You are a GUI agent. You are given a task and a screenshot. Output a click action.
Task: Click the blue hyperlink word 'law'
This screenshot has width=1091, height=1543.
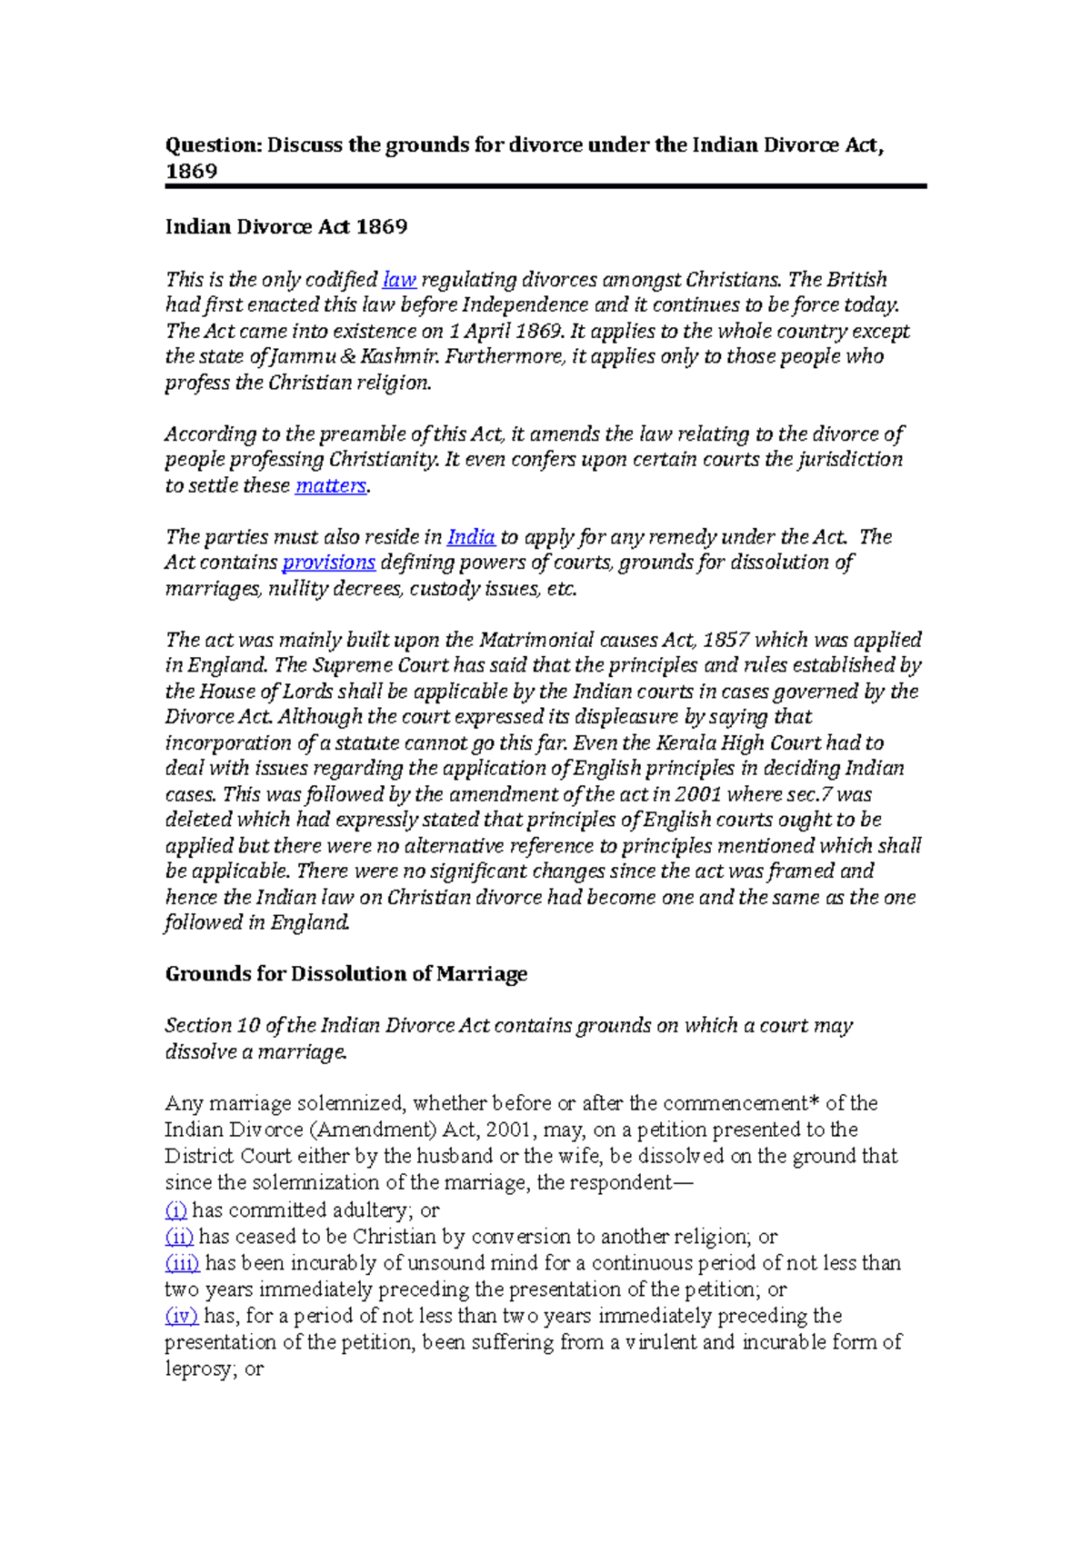399,280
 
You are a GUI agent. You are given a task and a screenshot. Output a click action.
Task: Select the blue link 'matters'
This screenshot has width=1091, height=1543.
330,486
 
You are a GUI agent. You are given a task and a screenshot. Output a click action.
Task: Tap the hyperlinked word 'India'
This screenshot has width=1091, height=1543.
471,537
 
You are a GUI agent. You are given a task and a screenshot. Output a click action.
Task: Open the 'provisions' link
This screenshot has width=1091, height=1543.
328,562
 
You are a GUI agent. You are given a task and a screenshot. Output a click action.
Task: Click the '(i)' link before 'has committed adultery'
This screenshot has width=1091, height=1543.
175,1210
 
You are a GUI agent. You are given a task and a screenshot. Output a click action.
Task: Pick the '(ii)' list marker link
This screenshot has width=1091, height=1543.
179,1237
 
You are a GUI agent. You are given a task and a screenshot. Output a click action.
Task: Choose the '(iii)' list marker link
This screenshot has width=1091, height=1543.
182,1263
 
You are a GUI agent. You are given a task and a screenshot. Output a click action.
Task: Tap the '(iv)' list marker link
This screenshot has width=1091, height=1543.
181,1316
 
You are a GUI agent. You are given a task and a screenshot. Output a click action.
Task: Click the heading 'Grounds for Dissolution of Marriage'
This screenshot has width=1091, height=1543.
345,974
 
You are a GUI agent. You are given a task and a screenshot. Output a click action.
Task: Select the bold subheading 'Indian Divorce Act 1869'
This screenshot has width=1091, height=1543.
285,227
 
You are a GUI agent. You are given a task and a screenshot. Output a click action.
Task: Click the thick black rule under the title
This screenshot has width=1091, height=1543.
545,186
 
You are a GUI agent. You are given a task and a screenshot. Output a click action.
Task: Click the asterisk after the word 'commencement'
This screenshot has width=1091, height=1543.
814,1102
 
